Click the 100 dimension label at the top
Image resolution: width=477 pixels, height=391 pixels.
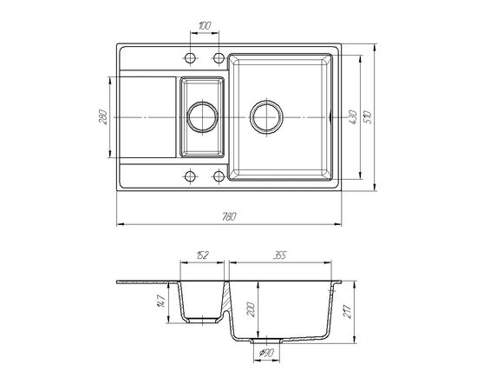(x=205, y=25)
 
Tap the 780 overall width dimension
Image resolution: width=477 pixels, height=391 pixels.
(x=229, y=216)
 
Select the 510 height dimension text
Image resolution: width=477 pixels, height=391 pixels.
(x=368, y=118)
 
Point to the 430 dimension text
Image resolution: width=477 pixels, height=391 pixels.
(x=353, y=117)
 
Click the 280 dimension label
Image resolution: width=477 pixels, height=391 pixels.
(x=103, y=116)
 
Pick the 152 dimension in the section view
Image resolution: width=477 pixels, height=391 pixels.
(x=202, y=255)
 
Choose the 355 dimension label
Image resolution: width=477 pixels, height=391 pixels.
(x=279, y=255)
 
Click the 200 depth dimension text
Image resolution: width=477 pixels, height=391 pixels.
(x=252, y=309)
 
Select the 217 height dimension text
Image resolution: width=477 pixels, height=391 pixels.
(x=348, y=311)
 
